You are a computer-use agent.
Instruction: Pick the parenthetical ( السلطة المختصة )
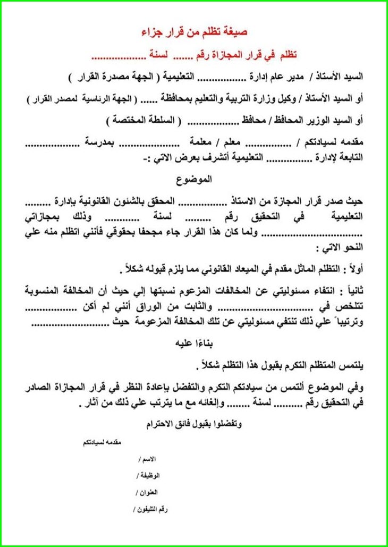pyautogui.click(x=142, y=120)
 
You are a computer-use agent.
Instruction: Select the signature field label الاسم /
pyautogui.click(x=147, y=458)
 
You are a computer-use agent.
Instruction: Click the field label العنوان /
pyautogui.click(x=148, y=492)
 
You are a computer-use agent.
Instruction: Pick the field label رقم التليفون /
pyautogui.click(x=151, y=510)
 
